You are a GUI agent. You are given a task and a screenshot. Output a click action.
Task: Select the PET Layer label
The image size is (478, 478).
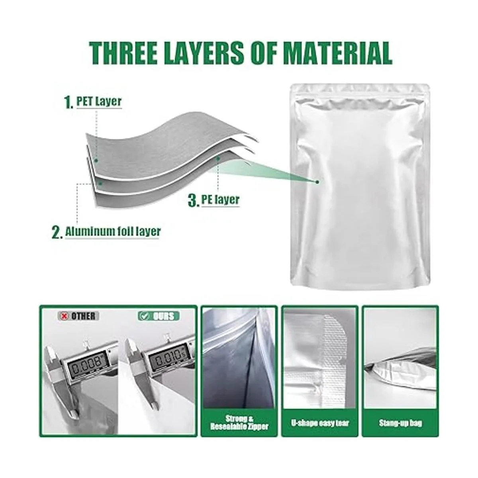coord(99,102)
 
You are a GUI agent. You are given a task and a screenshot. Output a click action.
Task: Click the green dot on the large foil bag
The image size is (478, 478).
coord(317,182)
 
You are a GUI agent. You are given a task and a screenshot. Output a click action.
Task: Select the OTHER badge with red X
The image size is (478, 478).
coord(78,316)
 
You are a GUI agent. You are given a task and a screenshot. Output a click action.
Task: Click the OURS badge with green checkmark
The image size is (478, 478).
coord(159,316)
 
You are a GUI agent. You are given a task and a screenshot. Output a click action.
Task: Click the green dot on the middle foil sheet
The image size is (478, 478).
coord(100,183)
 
